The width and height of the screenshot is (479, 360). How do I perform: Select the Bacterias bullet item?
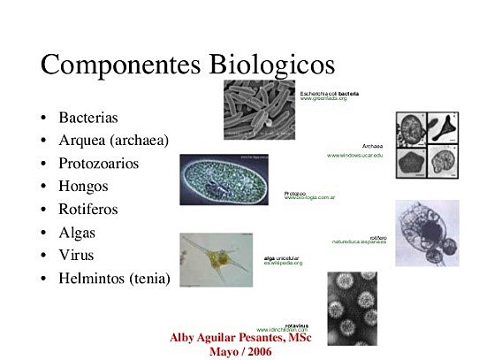click(87, 117)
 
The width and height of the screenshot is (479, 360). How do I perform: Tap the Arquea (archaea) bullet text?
click(113, 140)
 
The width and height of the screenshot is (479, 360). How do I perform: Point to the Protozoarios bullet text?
click(98, 164)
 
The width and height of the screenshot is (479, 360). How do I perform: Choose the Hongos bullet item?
click(83, 187)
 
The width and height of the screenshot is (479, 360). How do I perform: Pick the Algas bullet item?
click(77, 233)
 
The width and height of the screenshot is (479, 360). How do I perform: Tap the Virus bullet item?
click(76, 256)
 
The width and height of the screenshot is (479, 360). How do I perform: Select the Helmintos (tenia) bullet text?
click(114, 279)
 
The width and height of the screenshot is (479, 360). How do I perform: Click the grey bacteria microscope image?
click(261, 110)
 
